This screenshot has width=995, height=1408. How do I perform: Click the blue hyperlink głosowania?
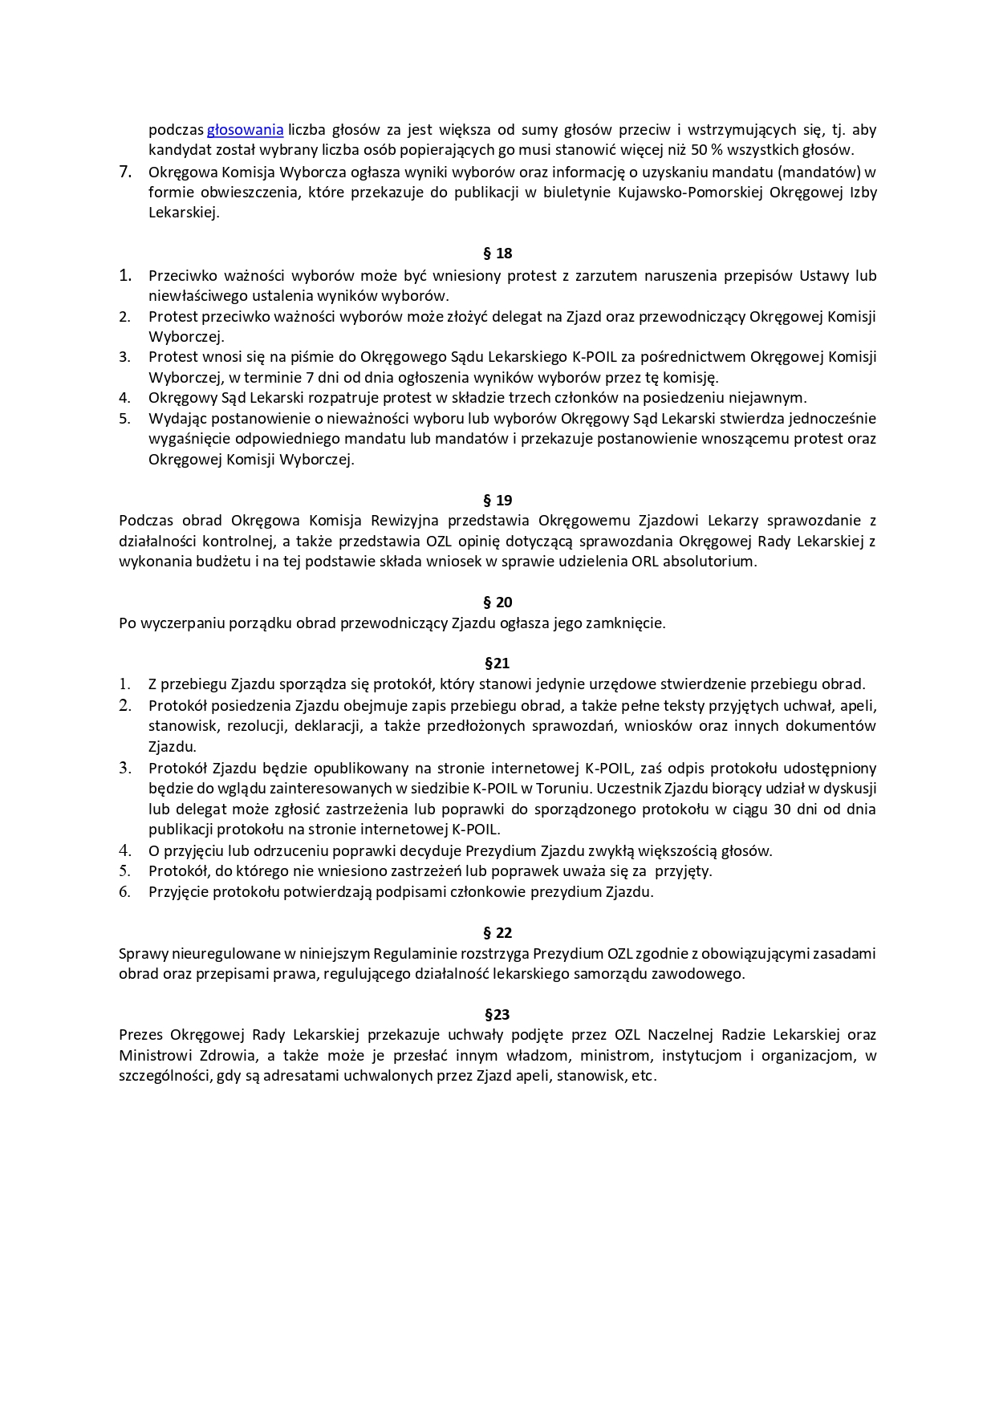point(245,130)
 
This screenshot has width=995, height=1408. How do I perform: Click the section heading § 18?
point(497,254)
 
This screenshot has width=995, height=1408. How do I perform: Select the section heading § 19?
point(497,501)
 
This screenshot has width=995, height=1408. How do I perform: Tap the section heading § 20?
point(497,603)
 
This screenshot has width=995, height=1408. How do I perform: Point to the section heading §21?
point(497,663)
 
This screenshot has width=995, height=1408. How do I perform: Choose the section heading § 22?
point(497,933)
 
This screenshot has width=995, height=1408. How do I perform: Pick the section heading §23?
point(497,1015)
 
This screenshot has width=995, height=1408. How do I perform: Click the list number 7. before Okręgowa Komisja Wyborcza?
point(125,172)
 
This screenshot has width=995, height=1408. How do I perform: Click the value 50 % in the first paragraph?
point(707,150)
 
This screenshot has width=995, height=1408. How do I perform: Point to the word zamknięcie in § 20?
point(630,623)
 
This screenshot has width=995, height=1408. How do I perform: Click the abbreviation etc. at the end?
point(644,1077)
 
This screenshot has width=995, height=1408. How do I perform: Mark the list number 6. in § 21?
point(125,892)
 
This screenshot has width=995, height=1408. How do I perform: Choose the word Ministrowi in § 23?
point(153,1056)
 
